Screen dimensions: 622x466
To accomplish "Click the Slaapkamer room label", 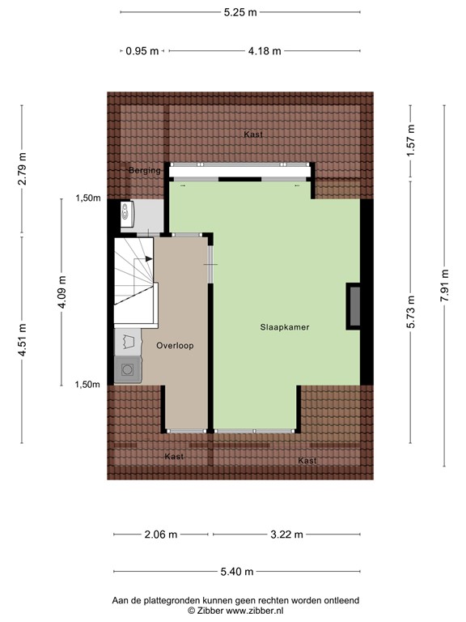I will [x=285, y=327].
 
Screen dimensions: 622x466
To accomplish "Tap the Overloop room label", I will [x=175, y=345].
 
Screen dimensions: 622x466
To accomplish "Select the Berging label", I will [x=145, y=170].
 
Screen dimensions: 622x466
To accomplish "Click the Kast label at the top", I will [x=252, y=134].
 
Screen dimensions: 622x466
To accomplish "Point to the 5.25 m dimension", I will [x=241, y=12].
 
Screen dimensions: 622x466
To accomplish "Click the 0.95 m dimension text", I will [x=142, y=51].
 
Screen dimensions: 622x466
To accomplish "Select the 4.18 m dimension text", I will [x=265, y=51].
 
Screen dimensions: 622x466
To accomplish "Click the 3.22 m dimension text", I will [x=286, y=535].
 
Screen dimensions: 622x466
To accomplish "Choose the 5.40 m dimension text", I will [x=238, y=572].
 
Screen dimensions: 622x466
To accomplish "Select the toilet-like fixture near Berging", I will [x=127, y=214].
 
